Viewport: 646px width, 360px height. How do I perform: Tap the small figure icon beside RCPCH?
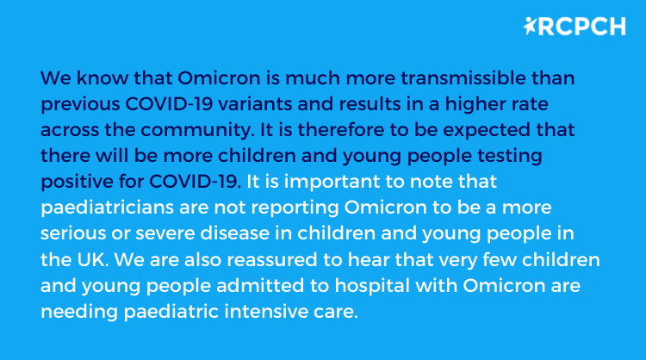pyautogui.click(x=530, y=27)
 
